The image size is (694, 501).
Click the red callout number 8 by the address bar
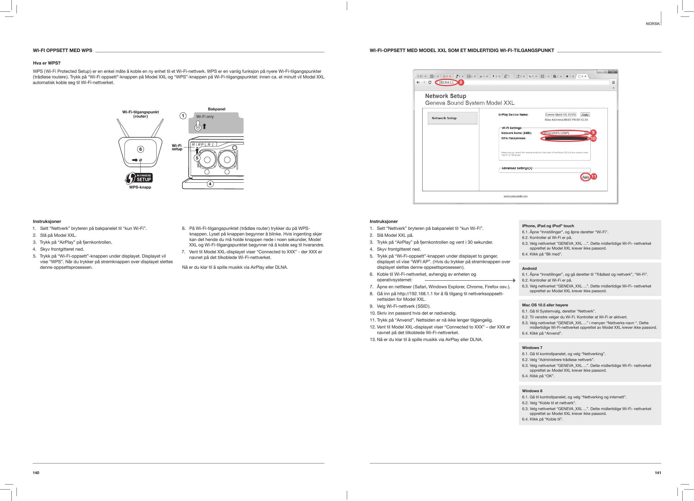tap(461, 82)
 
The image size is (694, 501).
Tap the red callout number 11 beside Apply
tap(594, 177)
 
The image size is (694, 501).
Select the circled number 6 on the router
tap(140, 149)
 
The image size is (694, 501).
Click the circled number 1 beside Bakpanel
tap(183, 116)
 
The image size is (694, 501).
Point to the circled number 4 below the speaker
tap(210, 184)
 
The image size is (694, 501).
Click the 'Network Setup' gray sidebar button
tap(452, 118)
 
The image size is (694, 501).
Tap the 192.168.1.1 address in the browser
tap(446, 82)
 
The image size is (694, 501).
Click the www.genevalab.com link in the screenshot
tap(516, 196)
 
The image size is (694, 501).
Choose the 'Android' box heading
tap(529, 268)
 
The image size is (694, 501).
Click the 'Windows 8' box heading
tap(532, 391)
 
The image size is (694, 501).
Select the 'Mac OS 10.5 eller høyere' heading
tap(545, 305)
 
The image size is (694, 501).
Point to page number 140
tap(36, 473)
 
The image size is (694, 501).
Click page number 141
tap(658, 473)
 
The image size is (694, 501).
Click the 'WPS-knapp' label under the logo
tap(140, 187)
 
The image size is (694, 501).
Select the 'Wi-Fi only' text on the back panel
tap(205, 117)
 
